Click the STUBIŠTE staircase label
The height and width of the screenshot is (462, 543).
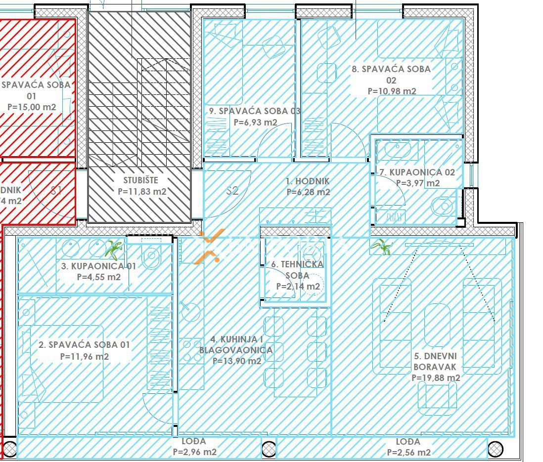point(141,180)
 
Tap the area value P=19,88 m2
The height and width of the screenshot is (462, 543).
point(436,378)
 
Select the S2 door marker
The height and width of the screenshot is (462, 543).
point(232,191)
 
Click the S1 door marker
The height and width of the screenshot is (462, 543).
point(56,191)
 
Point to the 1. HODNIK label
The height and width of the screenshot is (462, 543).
point(308,181)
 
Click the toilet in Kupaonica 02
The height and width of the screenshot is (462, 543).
point(443,206)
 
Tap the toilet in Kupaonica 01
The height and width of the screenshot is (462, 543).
point(152,255)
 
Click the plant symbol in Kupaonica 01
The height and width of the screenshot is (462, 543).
point(114,250)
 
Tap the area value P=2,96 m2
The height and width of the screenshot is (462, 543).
point(194,452)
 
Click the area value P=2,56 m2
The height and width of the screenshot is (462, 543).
point(408,452)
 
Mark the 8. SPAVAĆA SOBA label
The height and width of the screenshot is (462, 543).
point(391,69)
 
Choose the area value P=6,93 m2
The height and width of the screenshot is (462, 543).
point(255,122)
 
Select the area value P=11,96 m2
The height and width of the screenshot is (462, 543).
point(84,356)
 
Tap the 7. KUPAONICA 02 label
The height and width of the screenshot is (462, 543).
point(416,172)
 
